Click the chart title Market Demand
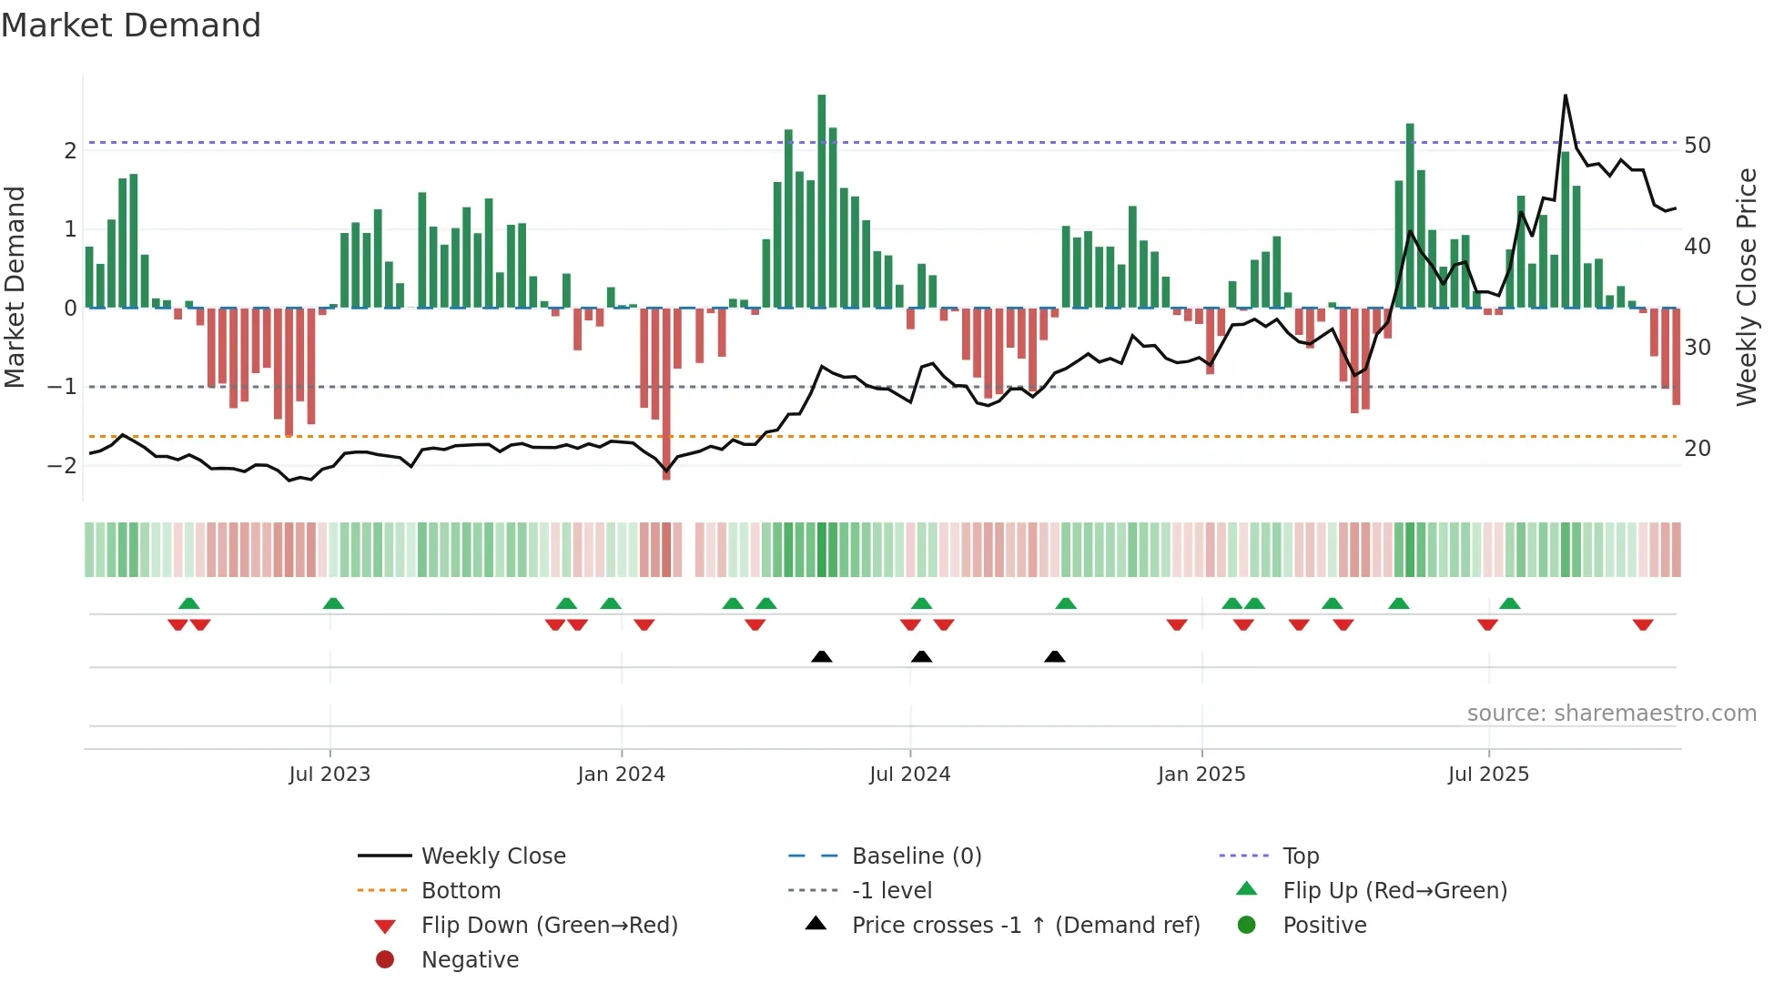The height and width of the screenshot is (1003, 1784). (x=131, y=25)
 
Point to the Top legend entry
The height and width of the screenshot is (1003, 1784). (x=1300, y=856)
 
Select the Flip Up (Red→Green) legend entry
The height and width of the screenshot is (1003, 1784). (x=1394, y=891)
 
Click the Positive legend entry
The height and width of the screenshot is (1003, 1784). (x=1324, y=926)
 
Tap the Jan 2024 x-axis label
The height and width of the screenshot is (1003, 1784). (x=621, y=775)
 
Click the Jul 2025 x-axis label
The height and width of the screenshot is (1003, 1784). (x=1488, y=775)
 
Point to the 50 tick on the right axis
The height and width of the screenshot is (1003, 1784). (x=1697, y=146)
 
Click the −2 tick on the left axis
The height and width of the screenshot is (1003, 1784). (x=62, y=466)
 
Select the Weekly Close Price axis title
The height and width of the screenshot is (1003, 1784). (x=1746, y=287)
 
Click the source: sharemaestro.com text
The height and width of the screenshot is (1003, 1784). (x=1611, y=714)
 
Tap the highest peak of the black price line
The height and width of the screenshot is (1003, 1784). (x=1566, y=96)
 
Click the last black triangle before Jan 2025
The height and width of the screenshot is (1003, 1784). (x=1054, y=657)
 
